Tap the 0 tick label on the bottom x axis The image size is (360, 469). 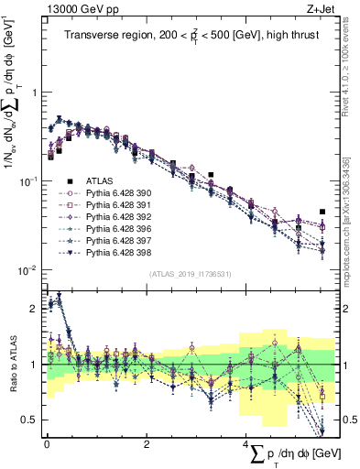point(47,444)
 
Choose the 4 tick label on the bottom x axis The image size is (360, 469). point(245,444)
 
